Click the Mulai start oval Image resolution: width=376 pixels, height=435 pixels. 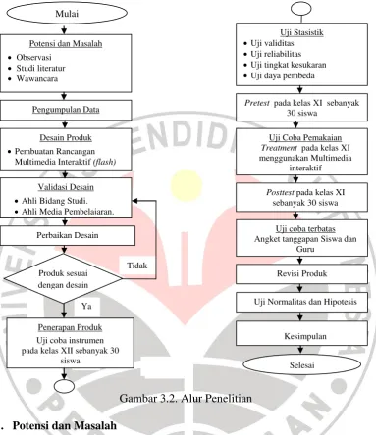point(67,14)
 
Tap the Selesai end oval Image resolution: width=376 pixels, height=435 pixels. point(301,364)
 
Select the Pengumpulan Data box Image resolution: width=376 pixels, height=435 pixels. point(66,110)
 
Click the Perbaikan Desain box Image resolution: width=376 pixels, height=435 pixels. point(68,235)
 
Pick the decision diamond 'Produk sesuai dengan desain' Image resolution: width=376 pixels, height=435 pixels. point(63,278)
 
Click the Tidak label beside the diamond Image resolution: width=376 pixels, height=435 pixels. point(137,266)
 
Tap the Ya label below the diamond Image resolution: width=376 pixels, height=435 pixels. point(86,306)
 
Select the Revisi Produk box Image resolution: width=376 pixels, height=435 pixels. point(301,273)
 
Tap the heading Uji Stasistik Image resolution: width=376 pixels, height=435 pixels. point(301,32)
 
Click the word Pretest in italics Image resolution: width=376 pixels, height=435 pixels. point(257,103)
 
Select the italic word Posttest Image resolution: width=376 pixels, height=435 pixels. point(280,192)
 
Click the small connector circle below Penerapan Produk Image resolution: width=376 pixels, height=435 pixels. point(64,386)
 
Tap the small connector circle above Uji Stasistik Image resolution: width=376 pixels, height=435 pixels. point(300,9)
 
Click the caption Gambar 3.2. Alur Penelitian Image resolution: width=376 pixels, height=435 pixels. point(186,398)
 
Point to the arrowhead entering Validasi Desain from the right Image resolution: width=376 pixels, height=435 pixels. point(134,201)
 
